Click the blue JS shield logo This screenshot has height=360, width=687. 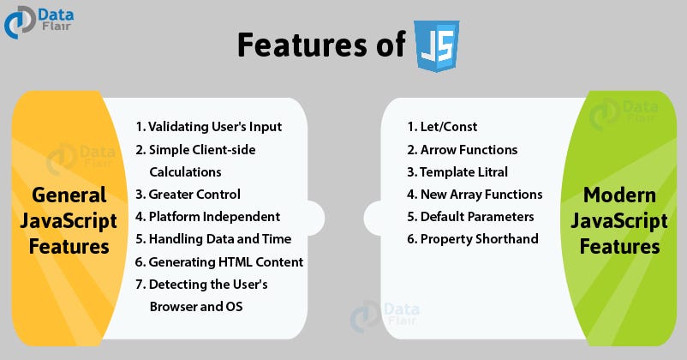point(437,45)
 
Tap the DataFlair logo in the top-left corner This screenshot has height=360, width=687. point(39,23)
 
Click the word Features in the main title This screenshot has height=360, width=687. point(302,45)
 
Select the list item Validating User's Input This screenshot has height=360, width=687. point(208,127)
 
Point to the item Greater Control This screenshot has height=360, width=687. point(188,194)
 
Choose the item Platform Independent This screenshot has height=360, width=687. point(207,216)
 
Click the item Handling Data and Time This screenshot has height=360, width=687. point(213,239)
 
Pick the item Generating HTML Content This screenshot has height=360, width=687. point(219,261)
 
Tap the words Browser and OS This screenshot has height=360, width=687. point(196,306)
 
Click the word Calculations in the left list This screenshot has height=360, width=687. point(185,172)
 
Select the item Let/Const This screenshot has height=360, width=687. point(442,127)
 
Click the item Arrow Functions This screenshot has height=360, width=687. point(463,149)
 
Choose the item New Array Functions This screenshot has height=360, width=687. point(475,195)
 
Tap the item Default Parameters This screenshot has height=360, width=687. point(470,217)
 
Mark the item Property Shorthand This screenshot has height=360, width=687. point(473,239)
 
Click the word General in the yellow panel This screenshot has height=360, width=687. point(69,195)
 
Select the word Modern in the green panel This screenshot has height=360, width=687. point(619,195)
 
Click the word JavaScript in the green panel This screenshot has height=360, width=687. point(619,221)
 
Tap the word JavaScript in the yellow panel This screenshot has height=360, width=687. point(69,221)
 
